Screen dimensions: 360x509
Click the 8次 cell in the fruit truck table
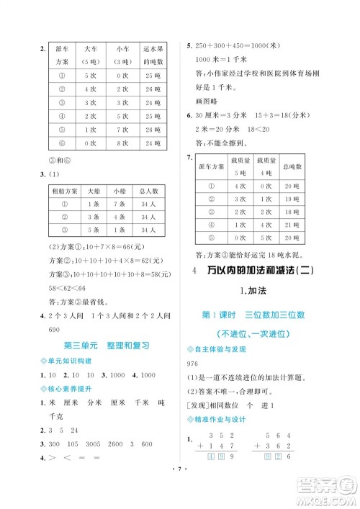120,143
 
